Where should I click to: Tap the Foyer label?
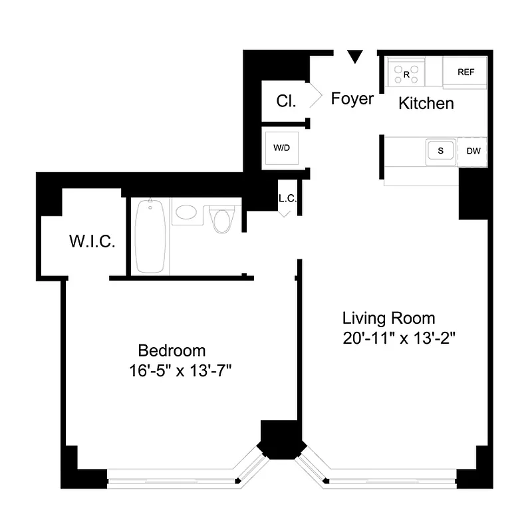point(352,99)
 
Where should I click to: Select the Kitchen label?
point(426,103)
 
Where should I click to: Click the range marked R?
point(406,72)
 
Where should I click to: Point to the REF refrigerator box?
point(465,72)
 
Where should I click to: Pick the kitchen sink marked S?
point(440,151)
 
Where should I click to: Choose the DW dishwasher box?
point(473,151)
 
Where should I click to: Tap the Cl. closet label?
point(287,102)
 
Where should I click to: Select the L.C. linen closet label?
point(287,198)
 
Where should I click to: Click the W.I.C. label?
point(92,241)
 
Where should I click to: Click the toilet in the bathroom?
point(222,219)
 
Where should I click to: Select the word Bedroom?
point(172,350)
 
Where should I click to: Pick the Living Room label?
point(388,318)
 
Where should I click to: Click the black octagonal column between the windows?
point(282,439)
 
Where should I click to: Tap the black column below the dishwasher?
point(474,192)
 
